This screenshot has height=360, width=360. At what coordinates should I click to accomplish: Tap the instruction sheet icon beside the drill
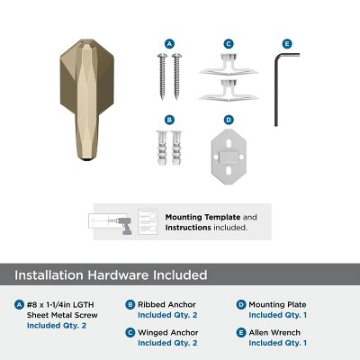coord(148,221)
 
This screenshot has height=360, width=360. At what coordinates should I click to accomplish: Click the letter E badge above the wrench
coord(287,43)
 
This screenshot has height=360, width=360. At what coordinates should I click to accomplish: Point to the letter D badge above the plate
coord(229,119)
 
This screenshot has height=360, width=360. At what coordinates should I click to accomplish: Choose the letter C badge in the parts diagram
coord(229,43)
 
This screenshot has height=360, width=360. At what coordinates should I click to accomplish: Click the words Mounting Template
coord(197,217)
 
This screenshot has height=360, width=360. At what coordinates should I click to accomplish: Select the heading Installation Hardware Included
coord(112,274)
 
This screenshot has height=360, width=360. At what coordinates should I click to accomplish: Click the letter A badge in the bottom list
coord(20,304)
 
